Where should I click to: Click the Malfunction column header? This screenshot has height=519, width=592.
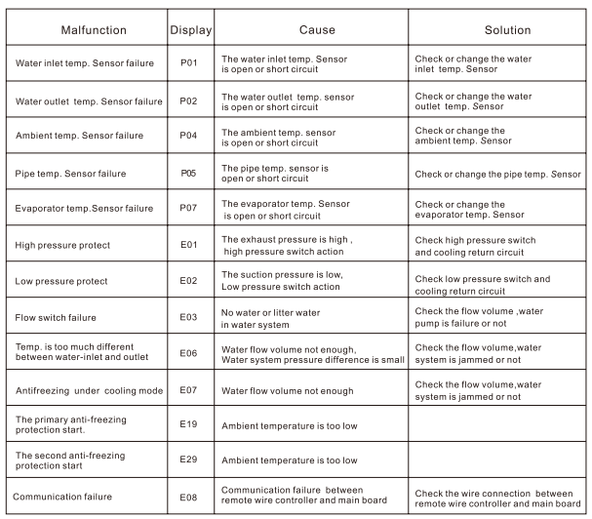(87, 30)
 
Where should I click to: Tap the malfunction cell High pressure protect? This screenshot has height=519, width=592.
(62, 245)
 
